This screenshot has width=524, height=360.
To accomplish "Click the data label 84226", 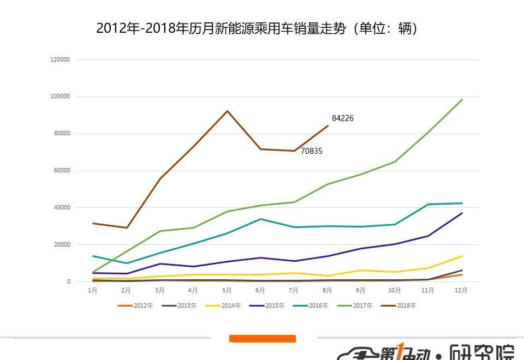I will [342, 118].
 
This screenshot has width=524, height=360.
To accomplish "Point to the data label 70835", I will [311, 151].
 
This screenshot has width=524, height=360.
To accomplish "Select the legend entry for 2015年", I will [267, 305].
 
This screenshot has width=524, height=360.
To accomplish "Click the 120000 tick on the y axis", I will [60, 59].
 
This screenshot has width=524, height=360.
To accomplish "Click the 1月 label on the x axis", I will [93, 291].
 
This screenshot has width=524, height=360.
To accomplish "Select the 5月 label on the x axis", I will [227, 291].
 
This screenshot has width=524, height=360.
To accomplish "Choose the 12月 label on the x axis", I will [461, 291].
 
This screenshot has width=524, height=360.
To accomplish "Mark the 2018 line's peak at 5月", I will [227, 111].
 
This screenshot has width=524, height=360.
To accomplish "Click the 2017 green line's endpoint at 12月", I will [462, 100].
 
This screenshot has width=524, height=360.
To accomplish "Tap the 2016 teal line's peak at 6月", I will [260, 219].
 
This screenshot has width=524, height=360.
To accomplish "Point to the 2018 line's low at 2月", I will [127, 228].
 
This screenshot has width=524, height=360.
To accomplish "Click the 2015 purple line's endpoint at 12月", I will [462, 213].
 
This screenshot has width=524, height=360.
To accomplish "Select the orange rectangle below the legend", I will [262, 339].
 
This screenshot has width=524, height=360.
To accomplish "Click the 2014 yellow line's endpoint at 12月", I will [462, 256].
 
